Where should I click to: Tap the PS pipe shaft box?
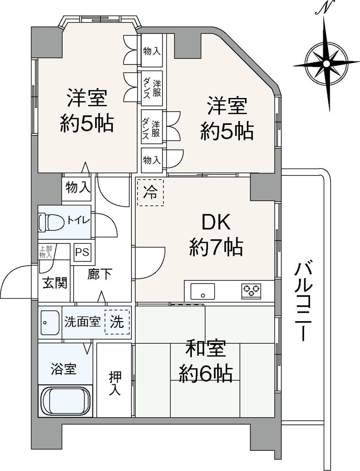(x=82, y=252)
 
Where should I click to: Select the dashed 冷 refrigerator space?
(x=151, y=193)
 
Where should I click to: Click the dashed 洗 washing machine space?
(x=117, y=322)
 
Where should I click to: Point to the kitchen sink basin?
(x=203, y=291)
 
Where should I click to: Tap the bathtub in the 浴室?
(x=65, y=401)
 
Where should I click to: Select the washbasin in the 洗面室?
(x=49, y=323)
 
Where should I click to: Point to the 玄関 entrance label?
(x=55, y=283)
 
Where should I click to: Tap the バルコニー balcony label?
(x=302, y=301)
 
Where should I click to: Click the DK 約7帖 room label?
(x=216, y=235)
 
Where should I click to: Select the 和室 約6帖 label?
(x=205, y=361)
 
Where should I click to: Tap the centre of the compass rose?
(x=326, y=64)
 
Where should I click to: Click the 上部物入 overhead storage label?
(x=46, y=252)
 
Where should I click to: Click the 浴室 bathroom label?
(x=64, y=369)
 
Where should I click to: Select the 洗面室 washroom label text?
(x=82, y=322)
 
